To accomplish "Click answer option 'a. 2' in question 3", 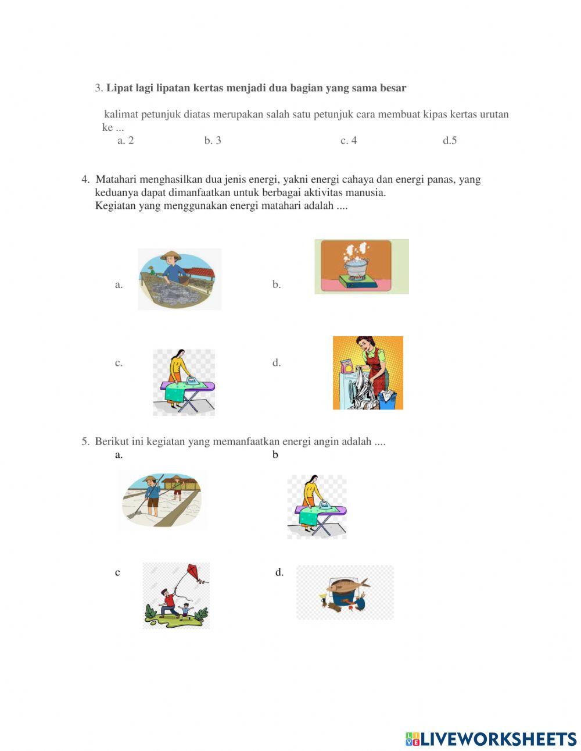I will pos(125,140).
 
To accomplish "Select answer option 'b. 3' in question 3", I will pos(213,140).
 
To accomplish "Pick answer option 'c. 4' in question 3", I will pos(349,140).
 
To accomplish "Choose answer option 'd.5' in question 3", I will pos(450,140).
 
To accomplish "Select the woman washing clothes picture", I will pos(367,373).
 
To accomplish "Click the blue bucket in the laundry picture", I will pos(387,400).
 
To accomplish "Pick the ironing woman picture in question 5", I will pos(317,506).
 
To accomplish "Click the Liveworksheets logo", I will pos(491,739).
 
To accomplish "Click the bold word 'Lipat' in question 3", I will pos(119,88).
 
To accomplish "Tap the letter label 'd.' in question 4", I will pos(277,363).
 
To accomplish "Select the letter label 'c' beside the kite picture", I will pos(117,572).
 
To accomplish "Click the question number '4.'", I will pos(85,180).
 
